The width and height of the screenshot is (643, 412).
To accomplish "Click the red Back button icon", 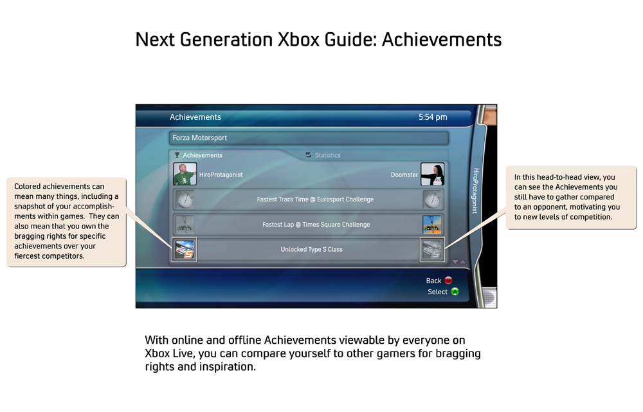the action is [x=448, y=280].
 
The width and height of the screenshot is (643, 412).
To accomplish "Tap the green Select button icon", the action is [x=455, y=292].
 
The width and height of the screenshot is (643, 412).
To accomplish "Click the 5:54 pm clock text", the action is [x=433, y=117].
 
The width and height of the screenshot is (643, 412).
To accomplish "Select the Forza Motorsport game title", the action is [x=200, y=138].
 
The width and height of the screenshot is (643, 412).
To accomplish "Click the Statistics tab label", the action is [x=328, y=155].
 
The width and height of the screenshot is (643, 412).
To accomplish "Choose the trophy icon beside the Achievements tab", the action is [x=177, y=155].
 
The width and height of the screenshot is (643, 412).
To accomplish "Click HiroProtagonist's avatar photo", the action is [x=185, y=174].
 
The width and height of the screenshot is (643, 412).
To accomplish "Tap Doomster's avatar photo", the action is [x=432, y=174].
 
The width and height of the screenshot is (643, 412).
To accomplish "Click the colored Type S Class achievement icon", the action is [x=185, y=250].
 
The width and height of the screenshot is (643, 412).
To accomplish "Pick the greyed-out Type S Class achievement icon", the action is [x=432, y=250].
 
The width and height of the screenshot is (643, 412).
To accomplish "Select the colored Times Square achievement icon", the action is [x=432, y=225].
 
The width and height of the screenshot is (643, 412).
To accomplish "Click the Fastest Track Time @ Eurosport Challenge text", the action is [x=315, y=200].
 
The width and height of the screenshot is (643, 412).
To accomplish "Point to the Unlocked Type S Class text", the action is [x=312, y=249].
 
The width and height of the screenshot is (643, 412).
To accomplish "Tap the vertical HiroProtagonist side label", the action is [x=476, y=191].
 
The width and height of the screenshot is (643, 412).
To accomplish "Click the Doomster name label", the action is [x=404, y=175].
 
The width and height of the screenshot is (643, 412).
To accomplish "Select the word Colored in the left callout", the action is [x=28, y=186].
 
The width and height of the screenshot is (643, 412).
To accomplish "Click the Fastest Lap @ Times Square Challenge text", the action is [x=316, y=225].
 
